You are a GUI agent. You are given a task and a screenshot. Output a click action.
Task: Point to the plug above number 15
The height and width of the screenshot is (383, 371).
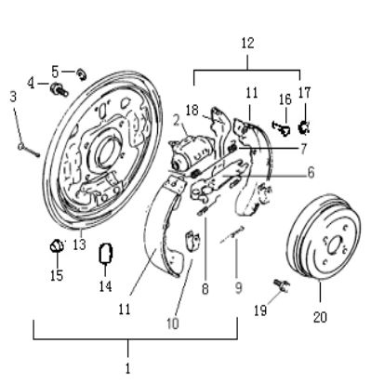pyautogui.click(x=55, y=245)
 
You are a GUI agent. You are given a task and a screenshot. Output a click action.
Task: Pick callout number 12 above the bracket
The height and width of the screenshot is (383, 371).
pyautogui.click(x=247, y=42)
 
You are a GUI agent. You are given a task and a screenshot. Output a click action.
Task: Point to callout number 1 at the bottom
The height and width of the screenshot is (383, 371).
pyautogui.click(x=127, y=367)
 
